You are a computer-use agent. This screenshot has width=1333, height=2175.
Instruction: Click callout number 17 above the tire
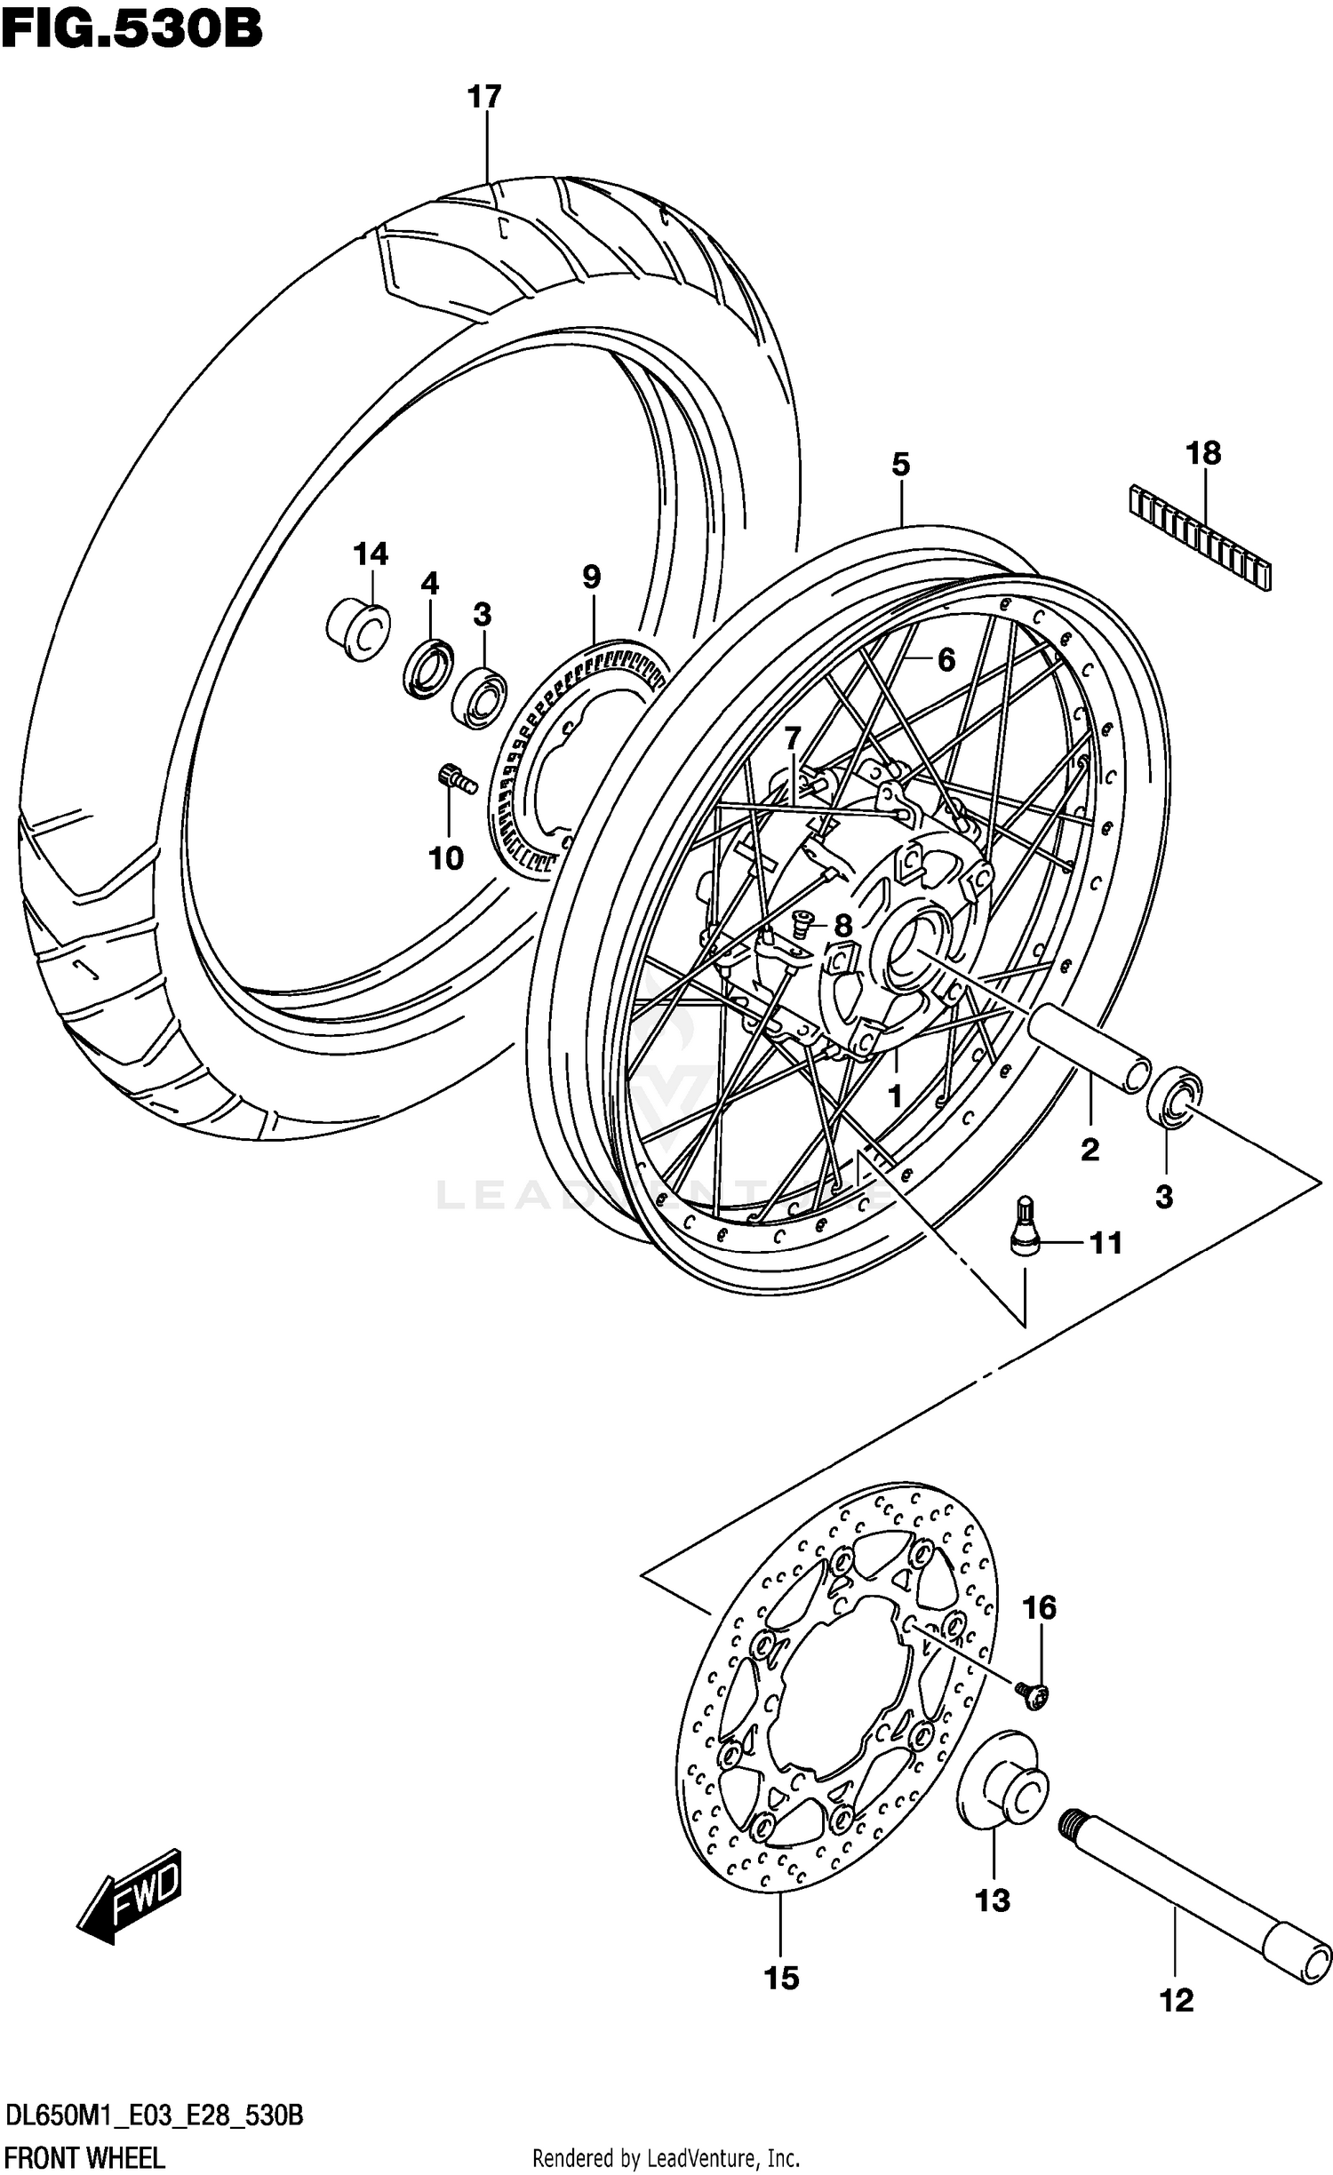click(x=485, y=97)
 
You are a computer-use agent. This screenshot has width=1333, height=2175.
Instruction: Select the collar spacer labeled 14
click(x=357, y=629)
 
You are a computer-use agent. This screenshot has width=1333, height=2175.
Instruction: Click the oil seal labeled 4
click(x=430, y=667)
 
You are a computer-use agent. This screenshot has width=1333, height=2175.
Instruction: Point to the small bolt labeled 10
click(x=457, y=778)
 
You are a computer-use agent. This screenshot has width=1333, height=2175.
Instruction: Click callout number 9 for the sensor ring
click(x=592, y=578)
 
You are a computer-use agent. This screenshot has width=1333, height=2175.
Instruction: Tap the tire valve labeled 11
click(x=1024, y=1227)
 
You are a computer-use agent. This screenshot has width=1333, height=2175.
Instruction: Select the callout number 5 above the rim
click(x=901, y=465)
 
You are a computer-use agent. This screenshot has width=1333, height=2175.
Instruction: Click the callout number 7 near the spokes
click(x=792, y=737)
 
